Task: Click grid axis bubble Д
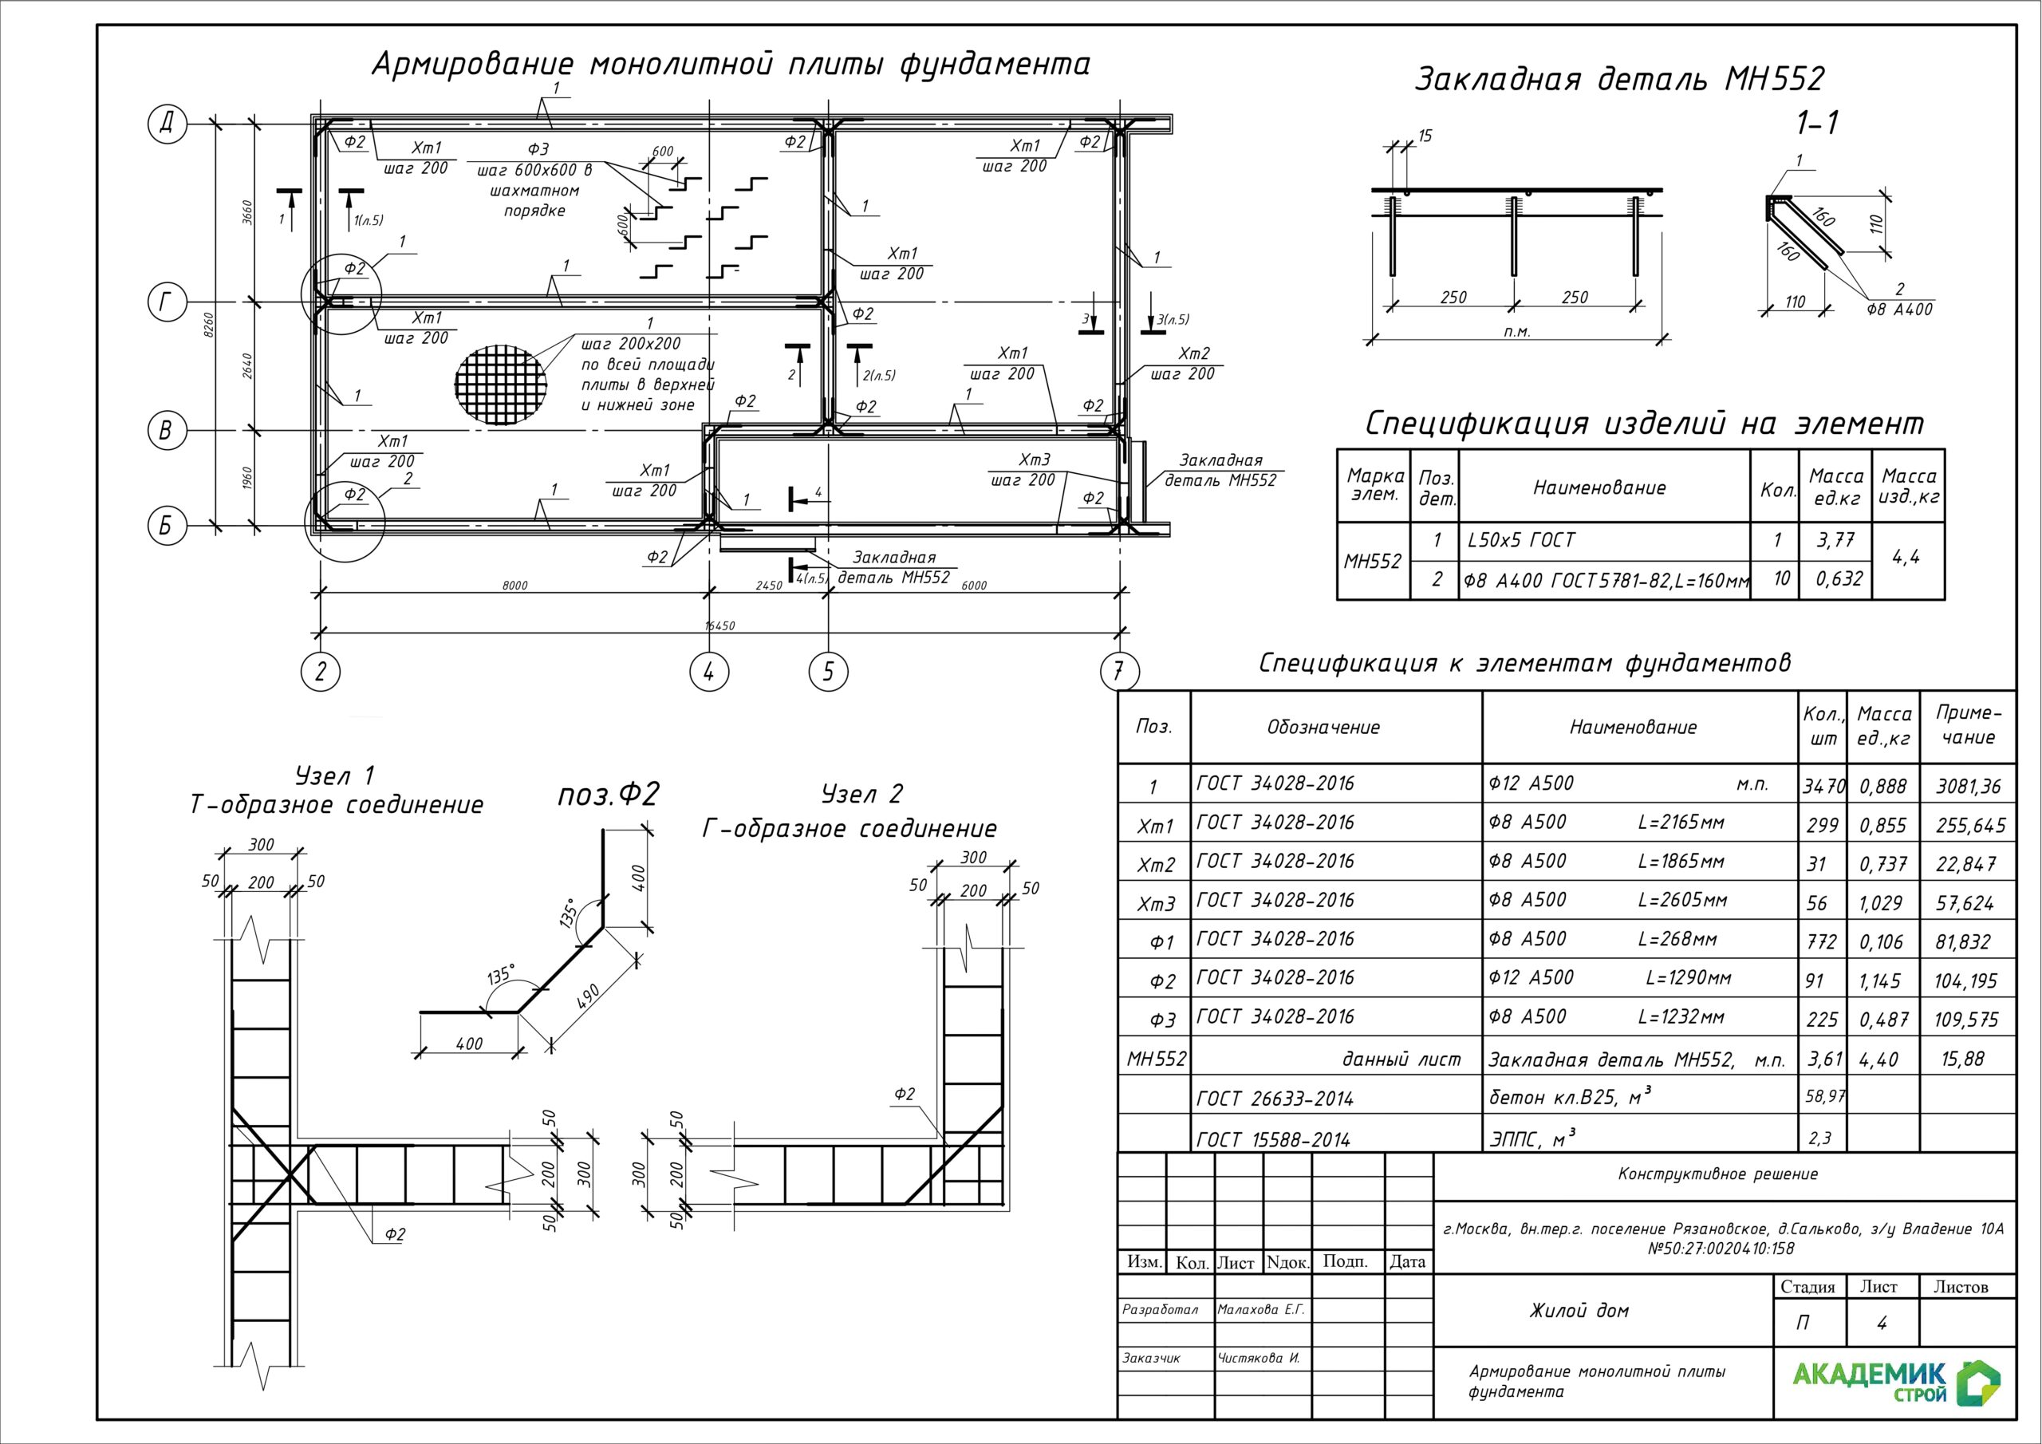point(165,123)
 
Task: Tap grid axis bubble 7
point(1119,671)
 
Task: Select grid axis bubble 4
point(709,671)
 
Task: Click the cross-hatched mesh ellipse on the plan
point(501,384)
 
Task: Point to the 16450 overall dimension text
point(719,625)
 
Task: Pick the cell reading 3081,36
point(1968,787)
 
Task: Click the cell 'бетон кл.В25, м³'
point(1570,1098)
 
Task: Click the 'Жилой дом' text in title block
point(1579,1311)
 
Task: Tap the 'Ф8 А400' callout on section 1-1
point(1900,309)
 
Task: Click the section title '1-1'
point(1817,124)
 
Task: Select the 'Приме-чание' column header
point(1968,725)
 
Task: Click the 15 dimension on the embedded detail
point(1425,136)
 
